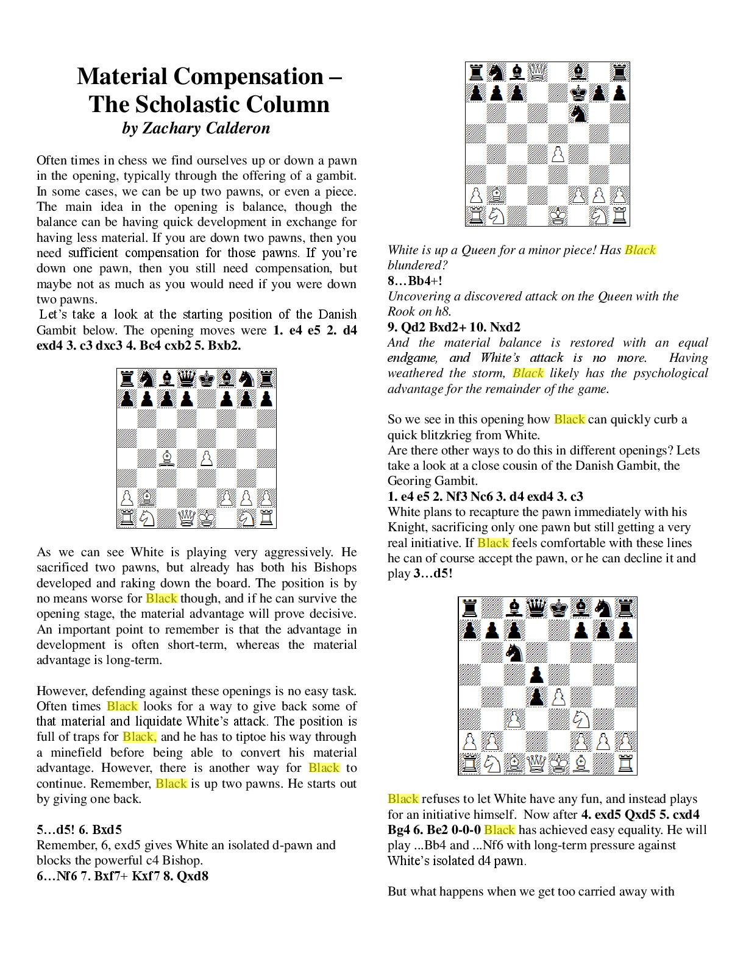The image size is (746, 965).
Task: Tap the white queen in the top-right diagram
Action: (537, 72)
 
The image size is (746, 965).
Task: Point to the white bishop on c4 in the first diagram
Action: (166, 458)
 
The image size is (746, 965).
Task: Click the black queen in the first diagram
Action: (187, 379)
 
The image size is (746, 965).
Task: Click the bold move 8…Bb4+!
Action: (415, 281)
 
